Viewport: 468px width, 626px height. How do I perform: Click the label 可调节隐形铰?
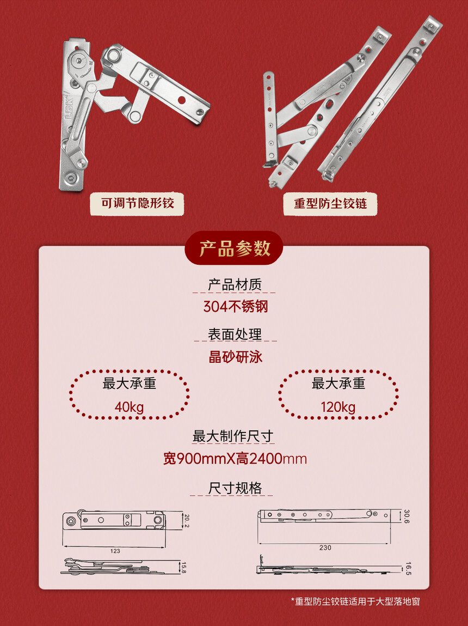coord(137,204)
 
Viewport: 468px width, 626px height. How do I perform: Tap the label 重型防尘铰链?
coord(330,204)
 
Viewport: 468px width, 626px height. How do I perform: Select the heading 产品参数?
coord(235,248)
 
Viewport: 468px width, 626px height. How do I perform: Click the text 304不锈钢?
coord(235,307)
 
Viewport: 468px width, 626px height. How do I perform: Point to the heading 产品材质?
coord(235,284)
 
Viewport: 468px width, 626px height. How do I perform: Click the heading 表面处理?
coord(235,334)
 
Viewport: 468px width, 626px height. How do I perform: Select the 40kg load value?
coord(129,407)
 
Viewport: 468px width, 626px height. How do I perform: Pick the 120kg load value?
coord(338,407)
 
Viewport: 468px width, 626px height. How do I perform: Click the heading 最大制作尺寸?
coord(233,436)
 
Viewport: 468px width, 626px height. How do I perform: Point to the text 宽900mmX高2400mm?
coord(235,459)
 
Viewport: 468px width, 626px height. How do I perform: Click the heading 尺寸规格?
coord(235,488)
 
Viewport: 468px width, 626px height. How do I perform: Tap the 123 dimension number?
coord(115,551)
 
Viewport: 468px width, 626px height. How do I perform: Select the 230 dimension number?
coord(325,548)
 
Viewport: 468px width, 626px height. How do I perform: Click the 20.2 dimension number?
coord(187,521)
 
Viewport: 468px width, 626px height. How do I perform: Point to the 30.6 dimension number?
coord(407,516)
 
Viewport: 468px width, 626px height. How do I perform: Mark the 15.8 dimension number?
coord(183,568)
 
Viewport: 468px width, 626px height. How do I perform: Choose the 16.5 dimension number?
coord(408,568)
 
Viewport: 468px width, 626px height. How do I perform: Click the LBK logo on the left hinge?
coord(69,107)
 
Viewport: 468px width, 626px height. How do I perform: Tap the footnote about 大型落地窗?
coord(355,601)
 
